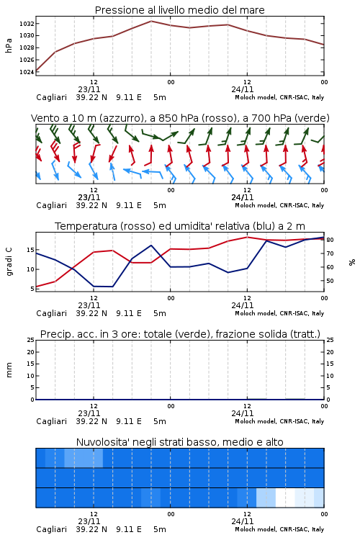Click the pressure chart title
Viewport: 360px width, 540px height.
pos(179,10)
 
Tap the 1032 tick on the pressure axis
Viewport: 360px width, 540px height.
pos(27,24)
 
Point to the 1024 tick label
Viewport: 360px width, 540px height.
pos(27,72)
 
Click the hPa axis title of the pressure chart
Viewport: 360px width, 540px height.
pos(9,45)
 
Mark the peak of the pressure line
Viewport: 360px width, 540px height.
pos(151,21)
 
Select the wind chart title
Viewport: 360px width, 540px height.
pos(180,118)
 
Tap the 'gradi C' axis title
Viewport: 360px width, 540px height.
pos(9,262)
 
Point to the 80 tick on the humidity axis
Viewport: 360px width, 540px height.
pos(330,240)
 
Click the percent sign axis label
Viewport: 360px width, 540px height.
pos(352,262)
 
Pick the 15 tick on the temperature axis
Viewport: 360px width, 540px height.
pos(31,250)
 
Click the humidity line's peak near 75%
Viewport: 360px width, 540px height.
pos(151,246)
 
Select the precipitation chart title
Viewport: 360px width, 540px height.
pos(180,334)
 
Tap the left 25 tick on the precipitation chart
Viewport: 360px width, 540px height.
pos(31,340)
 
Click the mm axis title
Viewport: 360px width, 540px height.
pos(9,370)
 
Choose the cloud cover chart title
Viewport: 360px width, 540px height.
pos(179,442)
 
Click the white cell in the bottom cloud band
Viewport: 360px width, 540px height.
pos(285,498)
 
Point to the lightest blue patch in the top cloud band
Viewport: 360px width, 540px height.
pos(84,458)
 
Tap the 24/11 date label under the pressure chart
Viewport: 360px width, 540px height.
pos(242,89)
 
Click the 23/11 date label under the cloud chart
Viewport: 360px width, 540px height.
pos(89,521)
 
